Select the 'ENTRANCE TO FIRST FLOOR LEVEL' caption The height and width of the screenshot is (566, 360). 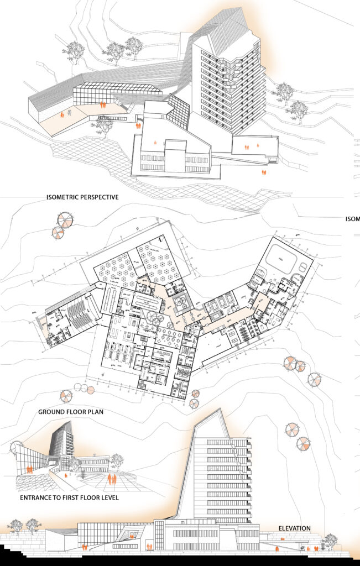(69, 498)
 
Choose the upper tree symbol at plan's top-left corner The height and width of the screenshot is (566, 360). (65, 219)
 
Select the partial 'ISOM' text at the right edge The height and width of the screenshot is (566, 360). (352, 218)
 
